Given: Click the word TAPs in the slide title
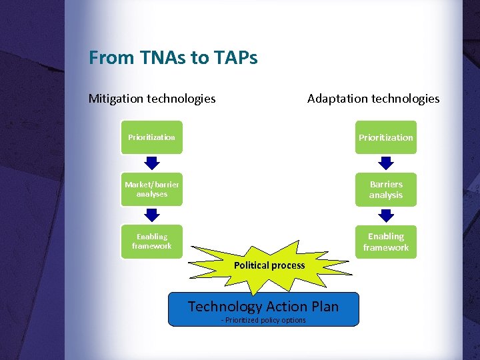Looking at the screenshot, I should click(235, 58).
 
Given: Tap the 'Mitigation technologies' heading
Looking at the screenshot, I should click(152, 99).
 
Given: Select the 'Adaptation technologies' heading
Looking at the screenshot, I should click(373, 99).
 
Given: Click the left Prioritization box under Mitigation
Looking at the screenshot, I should click(152, 137).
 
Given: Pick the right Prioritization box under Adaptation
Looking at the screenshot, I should click(385, 137).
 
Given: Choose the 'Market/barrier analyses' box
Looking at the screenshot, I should click(152, 189).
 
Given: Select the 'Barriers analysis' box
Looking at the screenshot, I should click(385, 189).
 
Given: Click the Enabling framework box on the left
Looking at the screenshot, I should click(152, 241).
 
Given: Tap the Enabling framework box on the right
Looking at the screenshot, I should click(385, 241).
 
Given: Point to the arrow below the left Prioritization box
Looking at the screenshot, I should click(152, 163).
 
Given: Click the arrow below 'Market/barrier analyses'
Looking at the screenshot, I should click(152, 214).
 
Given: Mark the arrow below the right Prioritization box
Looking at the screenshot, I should click(386, 163).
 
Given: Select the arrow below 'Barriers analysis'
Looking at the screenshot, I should click(386, 215).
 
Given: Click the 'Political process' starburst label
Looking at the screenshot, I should click(269, 265).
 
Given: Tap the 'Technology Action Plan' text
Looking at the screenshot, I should click(263, 307).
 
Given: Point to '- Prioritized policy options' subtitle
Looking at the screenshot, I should click(263, 321).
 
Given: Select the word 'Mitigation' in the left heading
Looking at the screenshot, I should click(116, 99).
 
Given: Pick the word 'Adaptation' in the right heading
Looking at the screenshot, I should click(337, 99).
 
